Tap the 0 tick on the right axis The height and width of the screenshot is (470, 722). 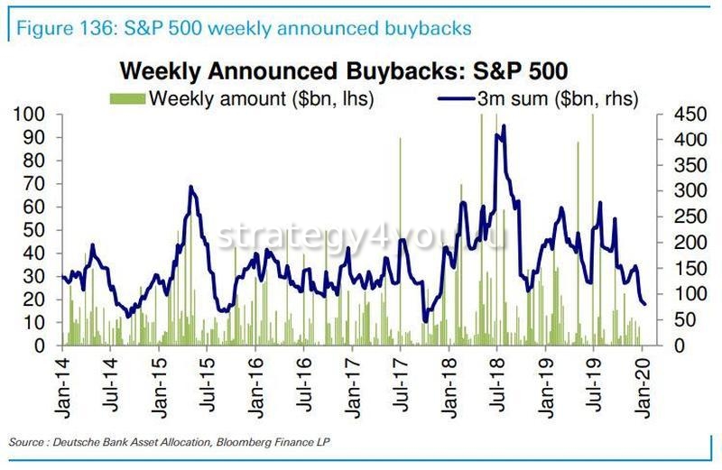658,346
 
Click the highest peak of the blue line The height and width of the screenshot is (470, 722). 503,126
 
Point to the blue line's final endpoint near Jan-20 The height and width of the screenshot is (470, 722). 644,304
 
